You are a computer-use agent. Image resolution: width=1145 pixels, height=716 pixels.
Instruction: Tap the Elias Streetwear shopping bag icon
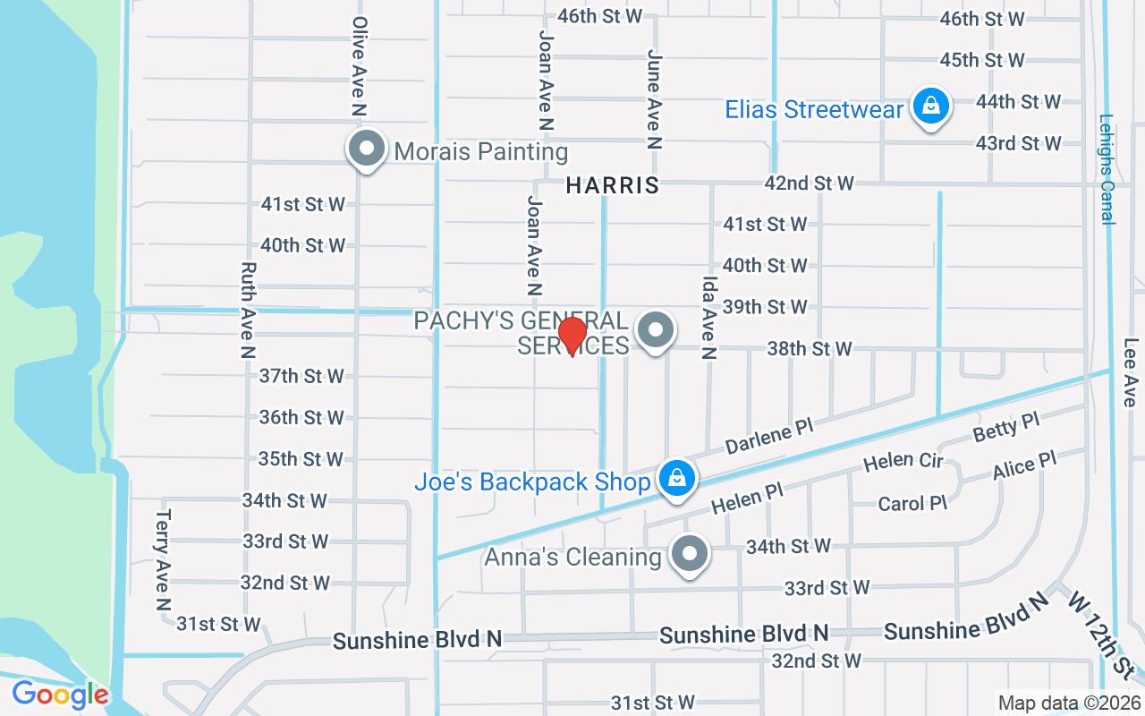tap(931, 107)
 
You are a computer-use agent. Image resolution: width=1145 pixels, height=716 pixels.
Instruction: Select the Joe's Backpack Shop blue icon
tap(678, 479)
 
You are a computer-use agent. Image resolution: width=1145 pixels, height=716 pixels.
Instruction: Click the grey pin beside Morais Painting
tap(366, 149)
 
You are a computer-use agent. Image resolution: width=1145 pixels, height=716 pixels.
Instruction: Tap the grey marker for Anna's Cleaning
tap(689, 554)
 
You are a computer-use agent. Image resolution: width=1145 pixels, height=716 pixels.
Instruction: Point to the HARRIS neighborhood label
tap(613, 185)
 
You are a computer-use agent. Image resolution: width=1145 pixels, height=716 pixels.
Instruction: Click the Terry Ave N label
tap(162, 560)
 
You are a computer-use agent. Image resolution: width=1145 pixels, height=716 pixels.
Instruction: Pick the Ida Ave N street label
tap(708, 317)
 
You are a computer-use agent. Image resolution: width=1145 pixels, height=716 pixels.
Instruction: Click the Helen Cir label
tap(903, 462)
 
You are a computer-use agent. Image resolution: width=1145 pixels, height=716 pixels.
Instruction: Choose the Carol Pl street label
tap(912, 504)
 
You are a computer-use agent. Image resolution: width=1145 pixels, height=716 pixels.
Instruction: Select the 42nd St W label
tap(809, 183)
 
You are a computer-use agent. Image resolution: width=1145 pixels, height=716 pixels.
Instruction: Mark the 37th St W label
tap(301, 376)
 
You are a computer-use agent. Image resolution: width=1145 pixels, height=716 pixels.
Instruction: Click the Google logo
tap(60, 694)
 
